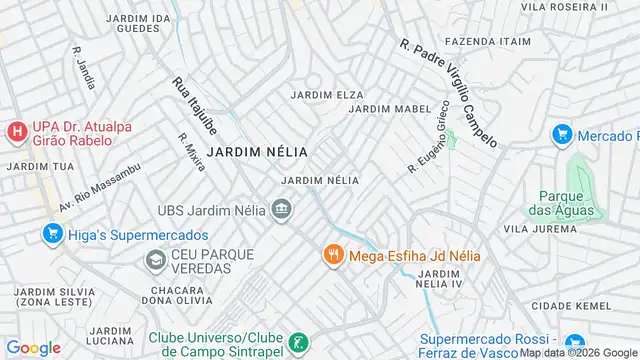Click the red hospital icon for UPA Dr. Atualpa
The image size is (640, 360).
[x=16, y=131]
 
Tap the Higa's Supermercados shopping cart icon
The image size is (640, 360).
[x=53, y=234]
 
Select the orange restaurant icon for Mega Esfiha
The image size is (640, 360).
[x=334, y=255]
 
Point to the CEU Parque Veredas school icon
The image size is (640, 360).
[x=155, y=262]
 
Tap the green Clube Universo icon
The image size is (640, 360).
[x=297, y=343]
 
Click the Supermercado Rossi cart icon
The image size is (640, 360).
[x=574, y=343]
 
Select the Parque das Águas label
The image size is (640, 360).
[x=566, y=203]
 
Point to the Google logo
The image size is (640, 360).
[x=33, y=347]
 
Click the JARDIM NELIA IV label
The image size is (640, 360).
[x=444, y=280]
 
